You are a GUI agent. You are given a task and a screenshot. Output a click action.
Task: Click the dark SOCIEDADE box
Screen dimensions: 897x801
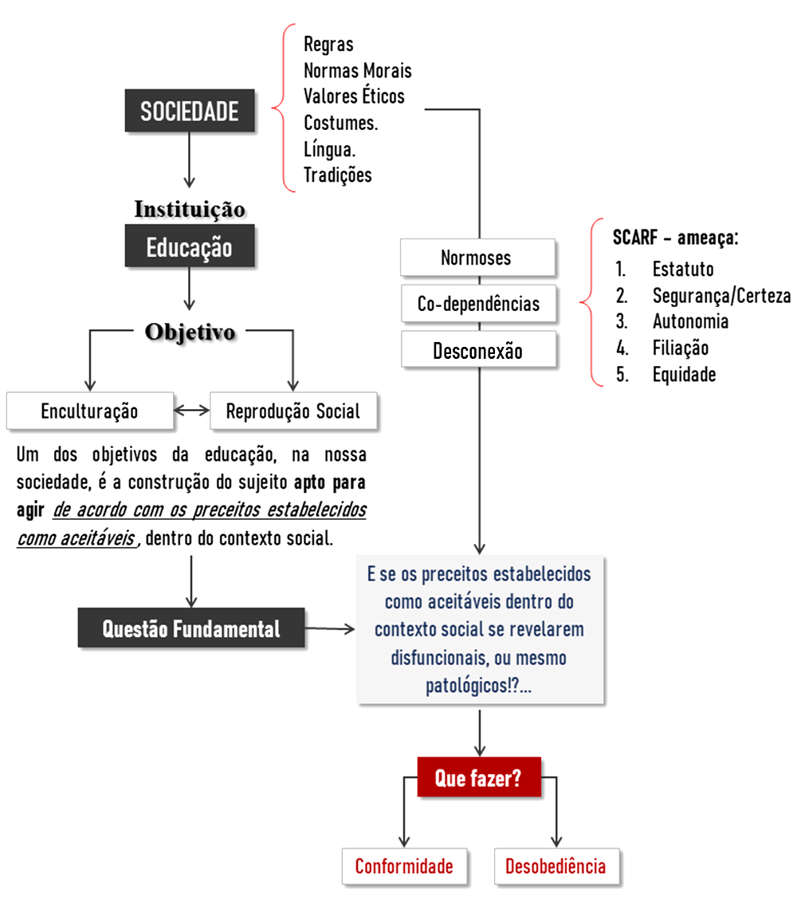click(190, 111)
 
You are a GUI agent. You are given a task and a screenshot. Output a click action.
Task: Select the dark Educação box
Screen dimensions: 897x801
click(190, 246)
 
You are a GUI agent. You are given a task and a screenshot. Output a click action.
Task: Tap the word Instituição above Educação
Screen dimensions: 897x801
click(190, 210)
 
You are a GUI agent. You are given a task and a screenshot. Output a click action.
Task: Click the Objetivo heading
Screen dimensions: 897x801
click(190, 332)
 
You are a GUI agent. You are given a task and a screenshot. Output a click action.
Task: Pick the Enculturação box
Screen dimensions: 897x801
click(89, 411)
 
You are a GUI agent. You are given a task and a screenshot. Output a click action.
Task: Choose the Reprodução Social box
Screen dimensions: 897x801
click(293, 411)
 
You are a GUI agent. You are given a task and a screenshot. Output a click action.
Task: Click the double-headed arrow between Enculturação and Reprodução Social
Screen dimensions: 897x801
click(191, 411)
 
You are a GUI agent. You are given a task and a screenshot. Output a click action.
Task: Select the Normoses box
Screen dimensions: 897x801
click(477, 258)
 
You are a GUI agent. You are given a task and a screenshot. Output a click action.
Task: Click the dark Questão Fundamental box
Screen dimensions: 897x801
click(191, 629)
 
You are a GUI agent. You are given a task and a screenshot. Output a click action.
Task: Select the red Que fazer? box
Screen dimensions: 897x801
click(478, 777)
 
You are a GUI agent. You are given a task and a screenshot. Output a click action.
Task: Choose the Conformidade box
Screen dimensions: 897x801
click(404, 866)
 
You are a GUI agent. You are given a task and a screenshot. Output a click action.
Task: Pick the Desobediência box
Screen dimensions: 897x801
click(556, 866)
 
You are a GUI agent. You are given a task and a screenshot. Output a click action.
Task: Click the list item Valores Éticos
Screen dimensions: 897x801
click(354, 96)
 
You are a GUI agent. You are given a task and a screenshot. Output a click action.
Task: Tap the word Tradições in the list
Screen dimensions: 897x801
click(337, 175)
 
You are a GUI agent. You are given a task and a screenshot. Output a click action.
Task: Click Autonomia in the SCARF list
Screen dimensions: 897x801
click(690, 321)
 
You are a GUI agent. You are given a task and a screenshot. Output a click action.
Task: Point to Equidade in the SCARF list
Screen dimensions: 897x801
click(684, 374)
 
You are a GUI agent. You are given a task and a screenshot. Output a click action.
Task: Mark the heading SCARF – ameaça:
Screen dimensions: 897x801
click(675, 238)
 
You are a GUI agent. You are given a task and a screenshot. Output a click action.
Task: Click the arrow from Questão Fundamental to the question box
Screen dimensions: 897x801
click(330, 629)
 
